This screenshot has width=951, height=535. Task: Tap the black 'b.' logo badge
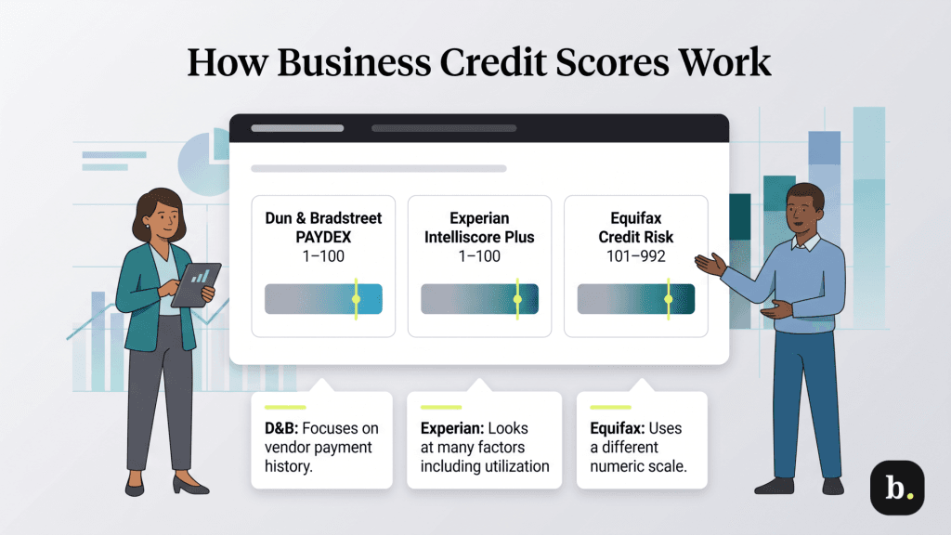coord(896,488)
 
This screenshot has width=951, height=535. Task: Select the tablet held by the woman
coord(197,284)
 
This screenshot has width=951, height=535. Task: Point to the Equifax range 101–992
coord(635,256)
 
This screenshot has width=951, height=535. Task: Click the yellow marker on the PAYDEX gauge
coord(355,299)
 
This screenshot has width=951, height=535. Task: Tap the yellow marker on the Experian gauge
coord(517,299)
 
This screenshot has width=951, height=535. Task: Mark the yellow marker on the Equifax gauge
coord(667,299)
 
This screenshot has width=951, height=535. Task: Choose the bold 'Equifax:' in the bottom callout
coord(619,429)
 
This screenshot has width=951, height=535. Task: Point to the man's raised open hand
coord(710,264)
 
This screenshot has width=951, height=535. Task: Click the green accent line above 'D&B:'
coord(285,407)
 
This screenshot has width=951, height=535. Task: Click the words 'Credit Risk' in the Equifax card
coord(635,237)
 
